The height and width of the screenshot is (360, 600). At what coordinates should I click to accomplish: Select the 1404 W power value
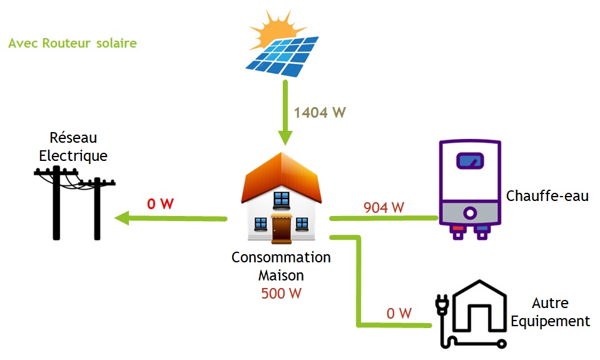tap(319, 113)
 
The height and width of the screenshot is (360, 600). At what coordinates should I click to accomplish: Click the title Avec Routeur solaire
tap(73, 44)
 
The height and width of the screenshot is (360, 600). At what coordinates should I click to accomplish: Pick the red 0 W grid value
tap(160, 203)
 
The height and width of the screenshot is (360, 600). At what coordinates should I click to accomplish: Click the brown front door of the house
tap(282, 230)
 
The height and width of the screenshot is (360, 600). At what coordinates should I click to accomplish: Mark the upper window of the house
tap(282, 199)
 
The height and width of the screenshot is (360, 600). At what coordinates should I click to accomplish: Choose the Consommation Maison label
tap(281, 266)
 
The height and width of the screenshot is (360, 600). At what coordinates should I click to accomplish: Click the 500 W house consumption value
tap(281, 292)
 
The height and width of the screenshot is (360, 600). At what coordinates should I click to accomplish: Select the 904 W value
tap(384, 207)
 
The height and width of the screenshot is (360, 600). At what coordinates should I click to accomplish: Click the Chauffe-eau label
tap(547, 196)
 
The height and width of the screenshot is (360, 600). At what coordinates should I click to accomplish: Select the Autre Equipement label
tap(550, 312)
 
